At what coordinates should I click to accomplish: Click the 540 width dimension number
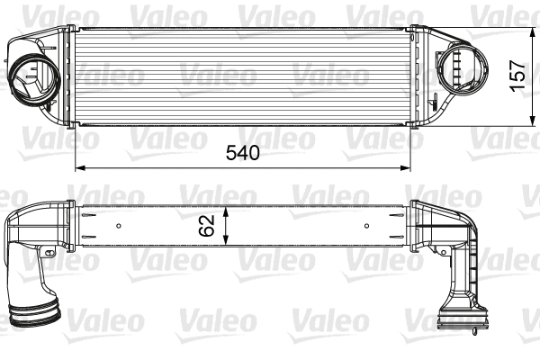click(241, 152)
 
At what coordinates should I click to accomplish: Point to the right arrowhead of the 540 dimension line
click(408, 167)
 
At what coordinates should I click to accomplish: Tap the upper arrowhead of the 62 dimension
click(227, 208)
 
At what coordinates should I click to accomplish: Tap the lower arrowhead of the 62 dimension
click(227, 241)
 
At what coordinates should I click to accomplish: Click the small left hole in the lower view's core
click(120, 225)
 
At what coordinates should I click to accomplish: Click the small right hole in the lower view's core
click(366, 225)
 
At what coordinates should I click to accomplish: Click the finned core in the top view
click(243, 77)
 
